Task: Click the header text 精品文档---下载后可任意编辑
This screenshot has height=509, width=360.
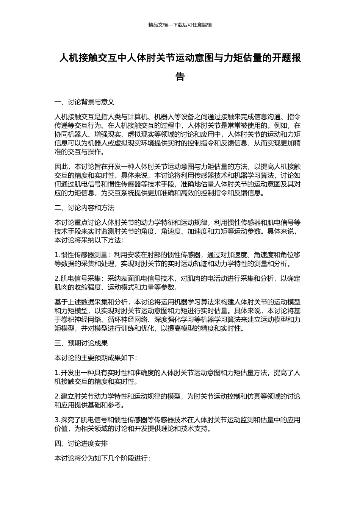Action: click(180, 25)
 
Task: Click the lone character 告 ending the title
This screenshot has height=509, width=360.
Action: click(180, 77)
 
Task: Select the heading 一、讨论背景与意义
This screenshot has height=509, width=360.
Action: click(85, 102)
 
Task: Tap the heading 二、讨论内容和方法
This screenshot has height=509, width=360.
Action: click(85, 208)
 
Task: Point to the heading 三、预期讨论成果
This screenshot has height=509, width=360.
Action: click(81, 343)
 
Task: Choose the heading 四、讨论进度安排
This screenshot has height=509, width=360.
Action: click(81, 443)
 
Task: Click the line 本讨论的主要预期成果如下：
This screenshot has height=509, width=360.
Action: click(96, 358)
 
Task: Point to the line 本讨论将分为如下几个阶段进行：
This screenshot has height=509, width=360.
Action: click(102, 458)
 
